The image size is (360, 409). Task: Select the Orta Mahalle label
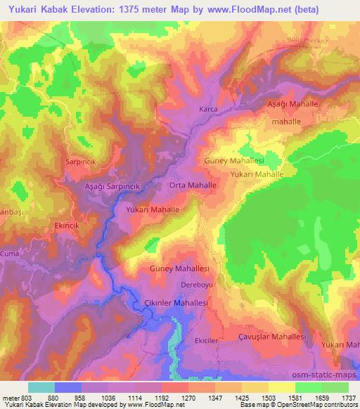pyautogui.click(x=192, y=185)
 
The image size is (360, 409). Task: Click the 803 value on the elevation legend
pyautogui.click(x=27, y=397)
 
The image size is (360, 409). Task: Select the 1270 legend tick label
pyautogui.click(x=187, y=397)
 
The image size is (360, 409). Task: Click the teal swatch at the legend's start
pyautogui.click(x=41, y=387)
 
